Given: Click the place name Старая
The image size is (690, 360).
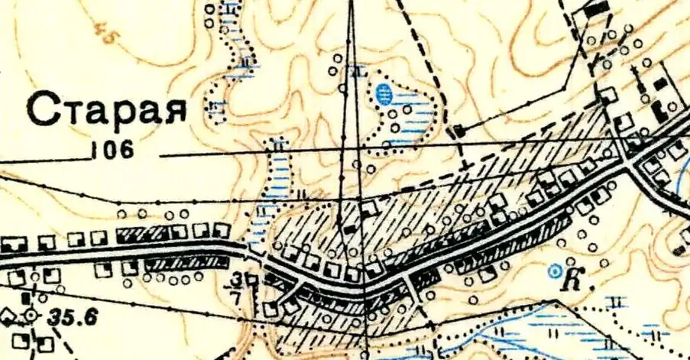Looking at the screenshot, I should tap(107, 109).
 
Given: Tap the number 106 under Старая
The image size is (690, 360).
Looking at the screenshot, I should tap(112, 150).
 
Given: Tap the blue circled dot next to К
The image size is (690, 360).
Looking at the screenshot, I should tap(556, 269).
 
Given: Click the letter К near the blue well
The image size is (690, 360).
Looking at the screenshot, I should tap(571, 280).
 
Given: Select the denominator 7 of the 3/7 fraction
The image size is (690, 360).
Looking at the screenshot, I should tap(238, 294).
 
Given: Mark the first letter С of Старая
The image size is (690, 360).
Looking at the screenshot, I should tap(44, 110).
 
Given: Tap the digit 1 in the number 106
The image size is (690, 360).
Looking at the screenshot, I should tap(94, 150).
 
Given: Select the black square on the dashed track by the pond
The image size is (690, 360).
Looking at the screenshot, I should tap(458, 131).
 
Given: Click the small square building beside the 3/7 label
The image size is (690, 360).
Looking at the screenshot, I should tap(251, 281).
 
